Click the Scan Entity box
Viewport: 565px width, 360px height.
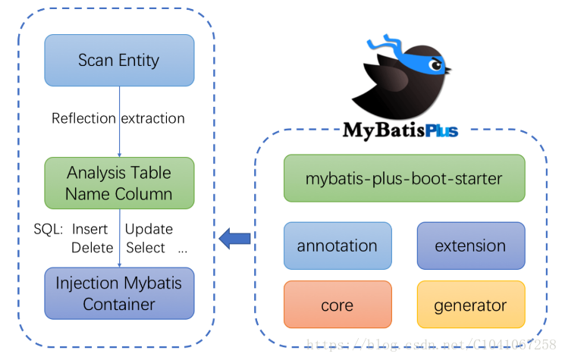point(119,60)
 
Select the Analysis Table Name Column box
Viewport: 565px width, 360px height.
point(119,183)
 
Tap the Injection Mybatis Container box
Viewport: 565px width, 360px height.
point(119,293)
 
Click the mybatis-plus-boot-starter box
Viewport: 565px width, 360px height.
point(403,179)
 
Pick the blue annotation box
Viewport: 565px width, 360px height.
point(337,246)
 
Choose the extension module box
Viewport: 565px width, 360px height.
point(470,246)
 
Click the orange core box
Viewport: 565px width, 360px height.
point(337,305)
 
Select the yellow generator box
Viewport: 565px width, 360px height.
point(470,305)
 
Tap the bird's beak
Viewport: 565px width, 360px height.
point(447,73)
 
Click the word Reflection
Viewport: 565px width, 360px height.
point(83,118)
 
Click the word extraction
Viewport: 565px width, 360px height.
point(152,118)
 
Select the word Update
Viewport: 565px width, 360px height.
point(149,229)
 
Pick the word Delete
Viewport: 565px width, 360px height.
point(92,248)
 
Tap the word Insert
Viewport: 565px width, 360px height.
point(90,229)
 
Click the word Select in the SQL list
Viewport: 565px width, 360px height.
point(145,248)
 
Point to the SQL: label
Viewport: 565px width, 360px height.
point(49,229)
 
